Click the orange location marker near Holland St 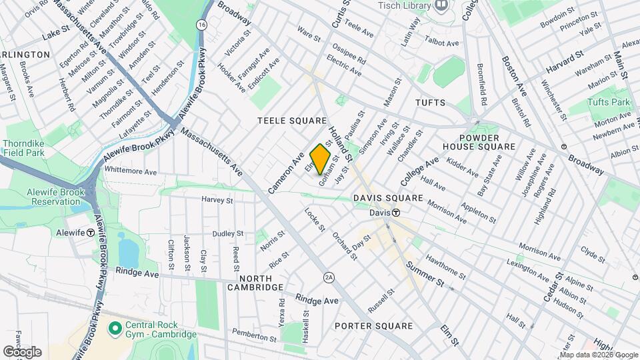[x=321, y=159]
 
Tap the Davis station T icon [x=395, y=213]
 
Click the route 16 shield [x=201, y=24]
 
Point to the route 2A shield [x=329, y=277]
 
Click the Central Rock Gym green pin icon [x=114, y=327]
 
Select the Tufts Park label [x=609, y=102]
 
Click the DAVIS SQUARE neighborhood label [x=388, y=198]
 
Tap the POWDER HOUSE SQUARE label [x=479, y=141]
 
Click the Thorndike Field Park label [x=23, y=148]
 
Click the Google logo [x=22, y=352]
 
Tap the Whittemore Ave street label [x=130, y=171]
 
